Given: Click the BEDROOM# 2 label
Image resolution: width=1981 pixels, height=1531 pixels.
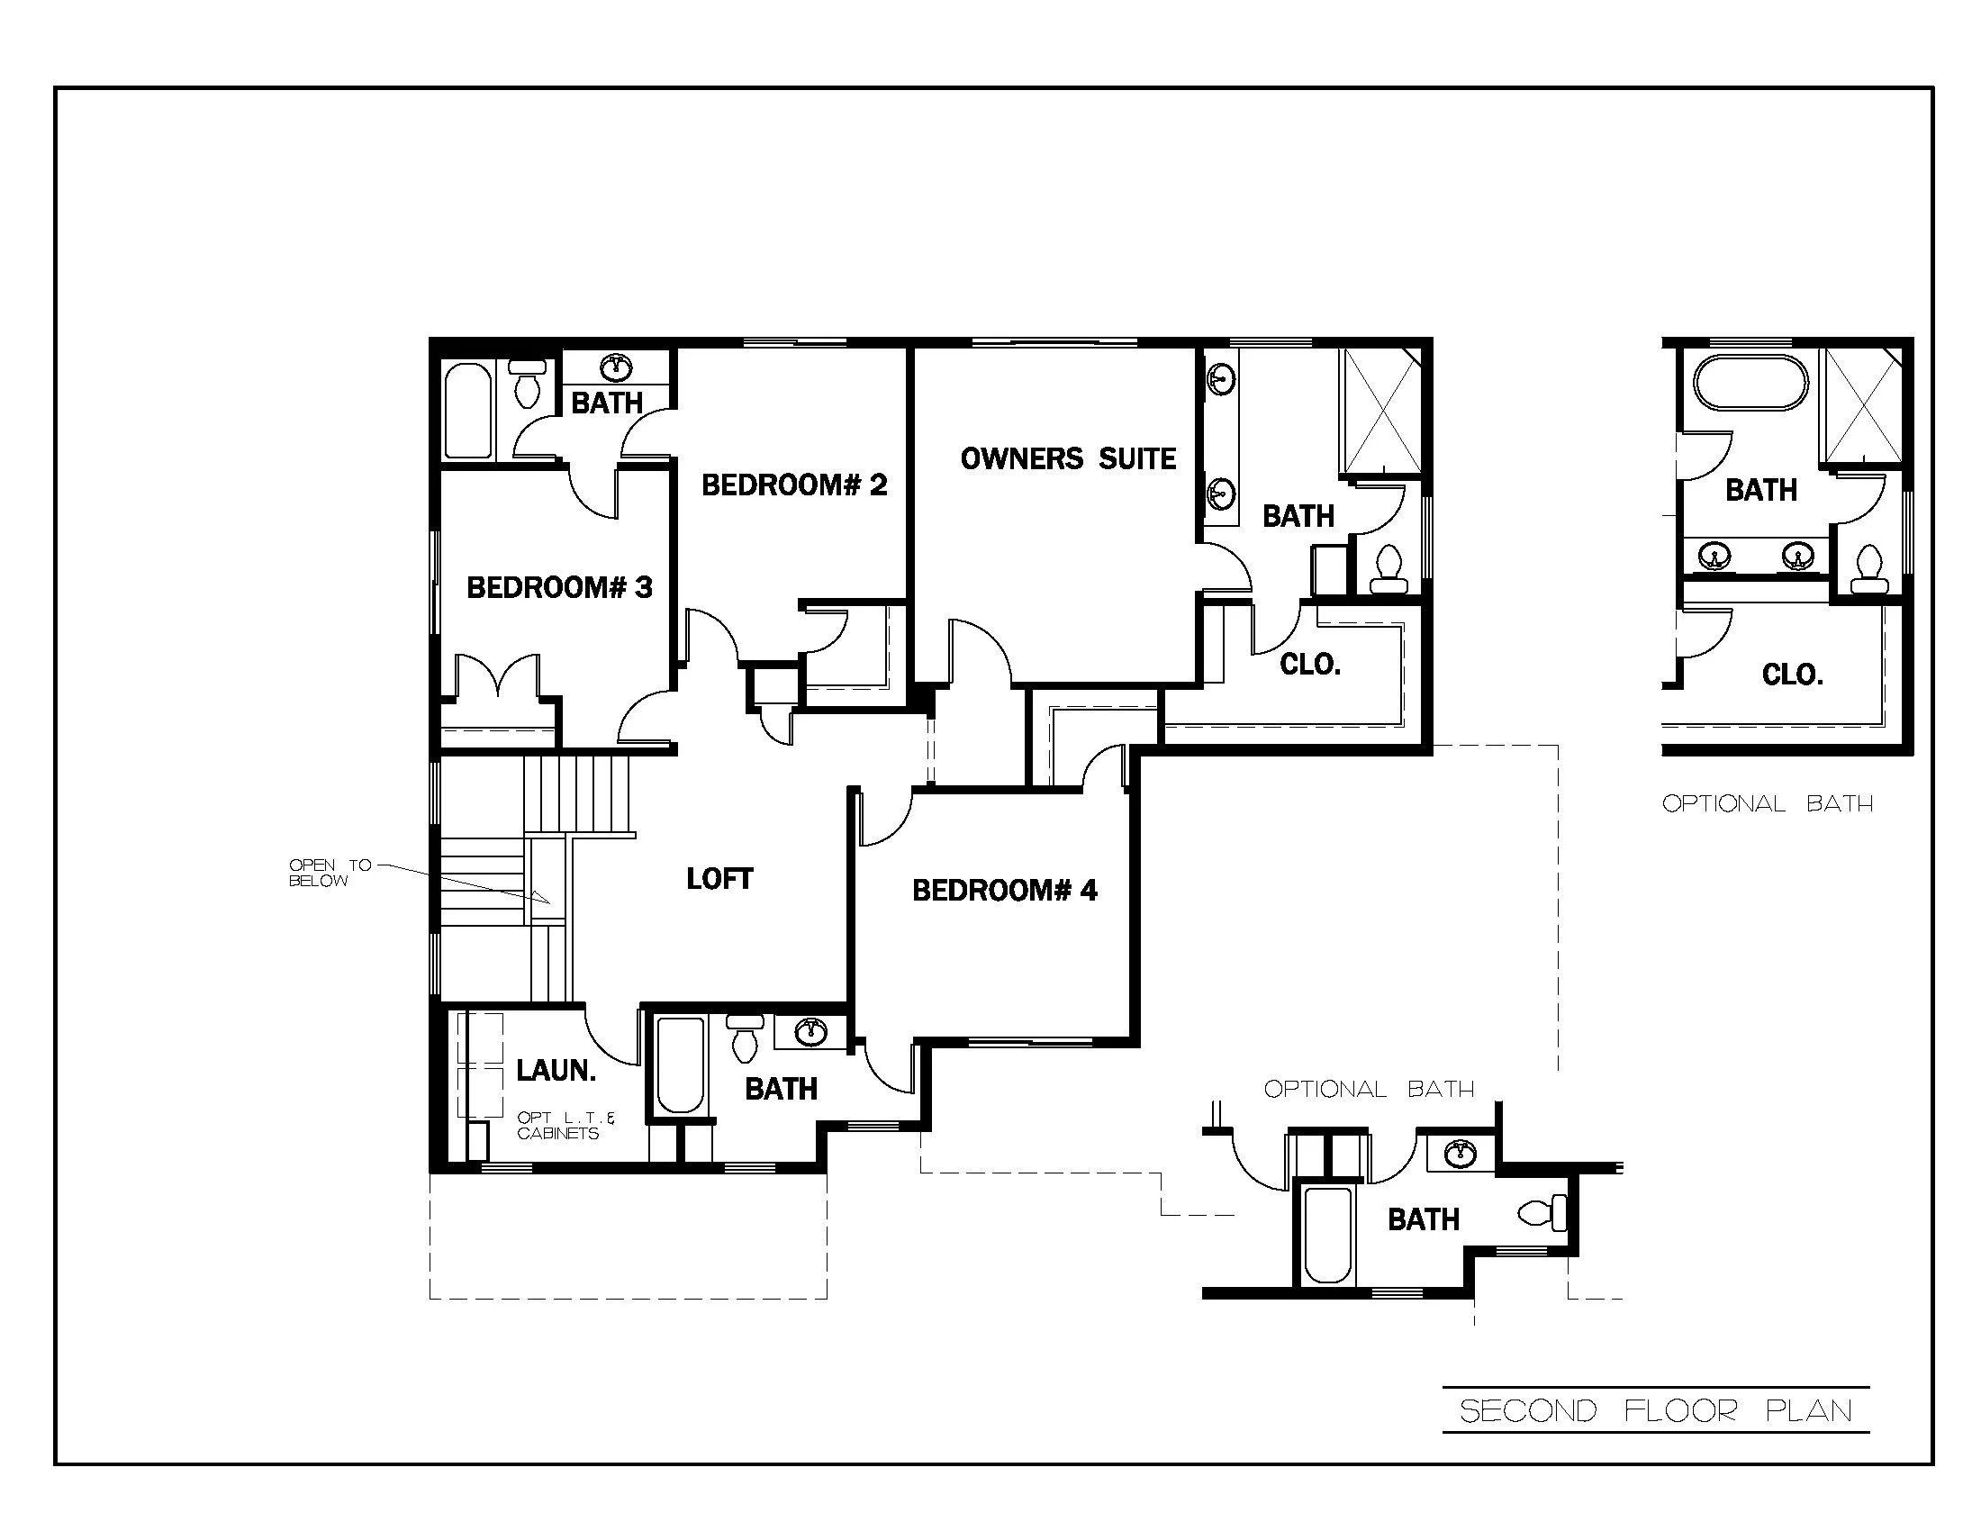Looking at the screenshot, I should click(793, 485).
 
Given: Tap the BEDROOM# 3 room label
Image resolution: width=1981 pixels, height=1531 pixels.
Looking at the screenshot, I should click(559, 588).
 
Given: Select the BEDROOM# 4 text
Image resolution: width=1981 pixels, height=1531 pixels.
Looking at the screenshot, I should click(1004, 891).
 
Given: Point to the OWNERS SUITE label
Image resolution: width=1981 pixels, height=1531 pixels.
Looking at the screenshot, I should click(1068, 459).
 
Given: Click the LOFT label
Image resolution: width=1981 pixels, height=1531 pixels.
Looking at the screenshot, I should click(719, 879).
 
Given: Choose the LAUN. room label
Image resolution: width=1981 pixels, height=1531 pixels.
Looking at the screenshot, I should click(556, 1070).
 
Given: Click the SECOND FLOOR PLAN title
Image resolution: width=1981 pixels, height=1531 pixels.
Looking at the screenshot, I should click(1655, 1410).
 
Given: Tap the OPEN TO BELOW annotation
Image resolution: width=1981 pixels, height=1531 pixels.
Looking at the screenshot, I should click(330, 873).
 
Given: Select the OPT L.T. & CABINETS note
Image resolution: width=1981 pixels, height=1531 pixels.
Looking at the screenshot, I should click(565, 1126).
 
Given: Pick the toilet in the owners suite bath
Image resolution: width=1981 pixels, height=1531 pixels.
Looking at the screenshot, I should click(1388, 567).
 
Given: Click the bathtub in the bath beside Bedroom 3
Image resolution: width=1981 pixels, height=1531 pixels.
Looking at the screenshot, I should click(467, 411).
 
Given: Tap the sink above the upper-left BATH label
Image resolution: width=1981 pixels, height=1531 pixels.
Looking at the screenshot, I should click(617, 367).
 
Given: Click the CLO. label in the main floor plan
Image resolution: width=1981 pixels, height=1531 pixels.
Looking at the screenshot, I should click(1310, 665).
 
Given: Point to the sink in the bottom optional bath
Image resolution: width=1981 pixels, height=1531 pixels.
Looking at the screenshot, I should click(1460, 1155).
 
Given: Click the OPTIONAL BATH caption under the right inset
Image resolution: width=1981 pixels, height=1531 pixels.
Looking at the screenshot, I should click(1767, 803).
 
